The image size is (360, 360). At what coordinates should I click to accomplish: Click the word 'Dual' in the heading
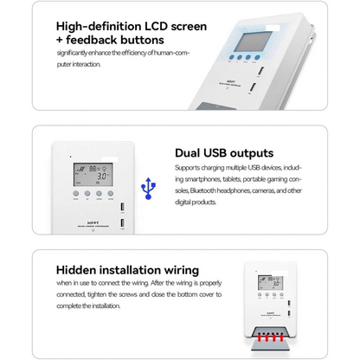click(x=190, y=153)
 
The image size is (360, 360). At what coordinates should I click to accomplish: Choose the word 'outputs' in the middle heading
click(x=246, y=153)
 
